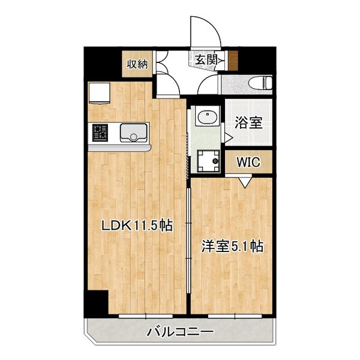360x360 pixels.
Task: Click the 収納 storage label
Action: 137,64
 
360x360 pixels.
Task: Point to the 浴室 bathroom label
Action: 247,123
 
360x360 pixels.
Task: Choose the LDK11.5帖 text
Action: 136,226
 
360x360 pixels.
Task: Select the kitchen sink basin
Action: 133,132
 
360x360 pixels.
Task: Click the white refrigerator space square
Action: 98,93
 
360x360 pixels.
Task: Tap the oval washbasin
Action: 208,117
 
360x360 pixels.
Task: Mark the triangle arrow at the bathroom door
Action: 228,138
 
